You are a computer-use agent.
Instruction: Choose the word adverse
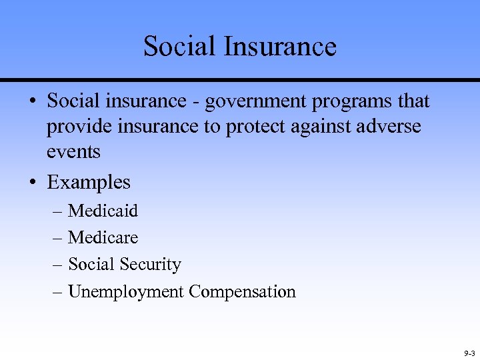coord(392,127)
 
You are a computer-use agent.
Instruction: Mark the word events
coord(73,152)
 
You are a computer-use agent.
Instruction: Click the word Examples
coord(89,182)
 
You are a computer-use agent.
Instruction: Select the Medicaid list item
coord(103,211)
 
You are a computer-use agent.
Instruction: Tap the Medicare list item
coord(103,237)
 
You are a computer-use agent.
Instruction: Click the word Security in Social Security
coord(150,265)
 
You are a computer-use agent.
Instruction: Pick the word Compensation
coord(242,292)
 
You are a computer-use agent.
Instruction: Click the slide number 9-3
coord(468,353)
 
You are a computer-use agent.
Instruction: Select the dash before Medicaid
coord(57,211)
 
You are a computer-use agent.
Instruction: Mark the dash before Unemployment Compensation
coord(57,292)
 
